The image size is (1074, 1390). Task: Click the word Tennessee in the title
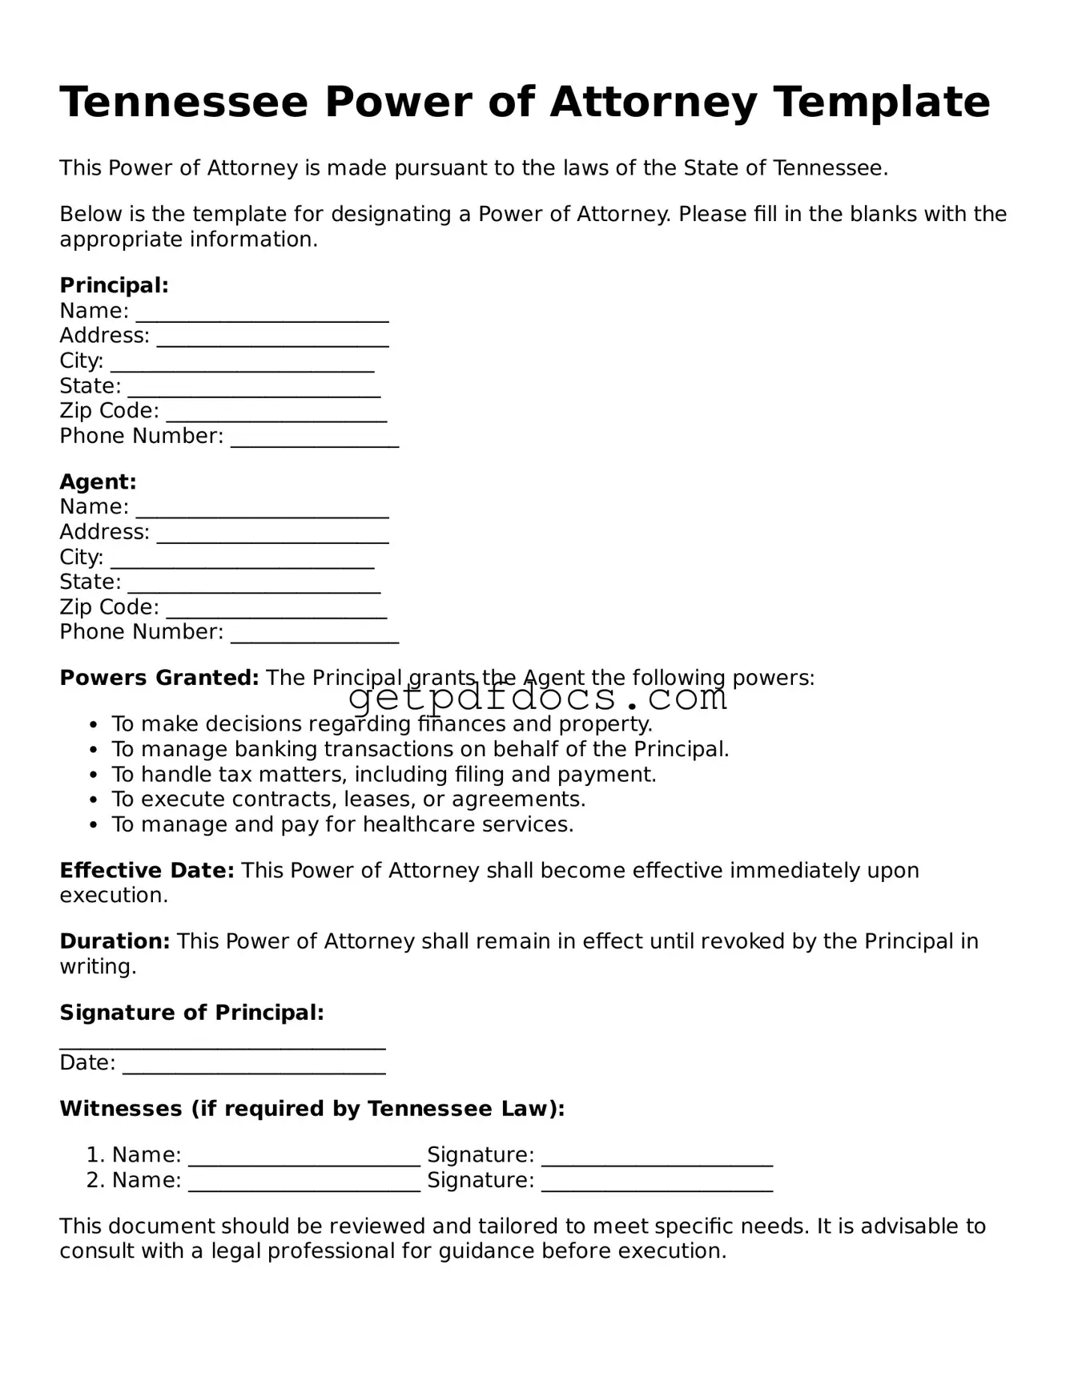pyautogui.click(x=183, y=103)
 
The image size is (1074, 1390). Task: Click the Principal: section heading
pyautogui.click(x=114, y=285)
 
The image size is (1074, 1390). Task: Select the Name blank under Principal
pyautogui.click(x=262, y=313)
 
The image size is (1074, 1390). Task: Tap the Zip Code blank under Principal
pyautogui.click(x=276, y=413)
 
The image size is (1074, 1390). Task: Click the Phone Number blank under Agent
pyautogui.click(x=314, y=635)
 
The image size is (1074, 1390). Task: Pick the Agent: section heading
pyautogui.click(x=98, y=481)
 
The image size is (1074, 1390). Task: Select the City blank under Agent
pyautogui.click(x=242, y=559)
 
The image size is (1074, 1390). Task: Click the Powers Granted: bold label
pyautogui.click(x=159, y=678)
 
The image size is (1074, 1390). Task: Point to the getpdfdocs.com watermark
pyautogui.click(x=537, y=699)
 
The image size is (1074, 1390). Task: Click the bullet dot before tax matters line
pyautogui.click(x=94, y=776)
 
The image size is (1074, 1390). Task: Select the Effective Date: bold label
pyautogui.click(x=147, y=871)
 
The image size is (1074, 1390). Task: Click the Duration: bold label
pyautogui.click(x=115, y=941)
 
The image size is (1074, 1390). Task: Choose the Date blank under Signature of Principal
pyautogui.click(x=254, y=1066)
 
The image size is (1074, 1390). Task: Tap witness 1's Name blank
pyautogui.click(x=304, y=1158)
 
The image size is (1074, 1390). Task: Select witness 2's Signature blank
pyautogui.click(x=657, y=1183)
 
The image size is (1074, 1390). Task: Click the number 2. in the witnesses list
pyautogui.click(x=95, y=1180)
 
